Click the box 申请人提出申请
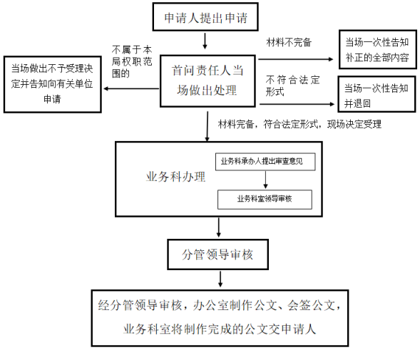(x=205, y=17)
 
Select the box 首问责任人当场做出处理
(x=208, y=81)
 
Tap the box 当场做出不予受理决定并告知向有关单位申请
(x=53, y=84)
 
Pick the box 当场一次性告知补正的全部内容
(x=378, y=50)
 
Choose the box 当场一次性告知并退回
(x=377, y=94)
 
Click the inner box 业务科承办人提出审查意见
(x=265, y=162)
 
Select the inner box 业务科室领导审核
(x=265, y=200)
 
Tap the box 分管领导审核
(x=217, y=254)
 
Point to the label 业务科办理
(x=175, y=177)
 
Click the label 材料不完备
(x=289, y=42)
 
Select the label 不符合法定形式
(x=293, y=86)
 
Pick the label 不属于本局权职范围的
(x=132, y=61)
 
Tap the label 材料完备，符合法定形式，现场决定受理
(x=299, y=124)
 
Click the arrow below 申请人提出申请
(x=205, y=41)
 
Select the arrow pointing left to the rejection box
(x=131, y=88)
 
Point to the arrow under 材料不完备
(x=296, y=59)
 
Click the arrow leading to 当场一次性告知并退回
(x=297, y=104)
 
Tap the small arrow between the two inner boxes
(x=265, y=180)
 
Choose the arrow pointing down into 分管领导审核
(x=219, y=227)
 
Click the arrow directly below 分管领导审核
(x=220, y=279)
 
